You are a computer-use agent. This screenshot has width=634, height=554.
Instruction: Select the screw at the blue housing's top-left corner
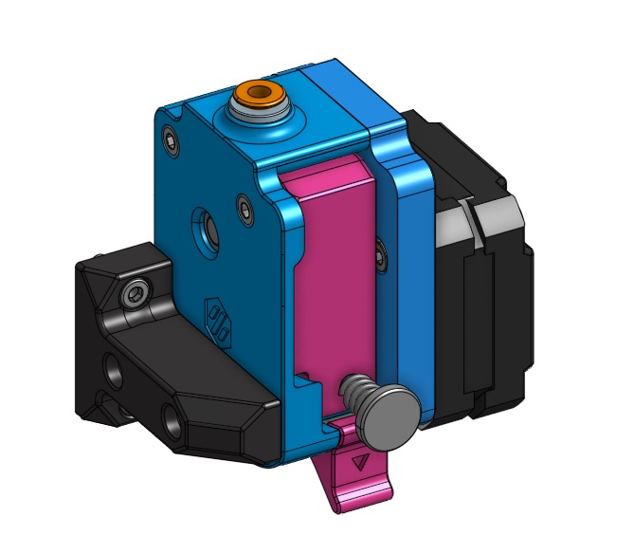tap(170, 143)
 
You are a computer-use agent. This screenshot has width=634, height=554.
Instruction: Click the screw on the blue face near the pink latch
tap(245, 207)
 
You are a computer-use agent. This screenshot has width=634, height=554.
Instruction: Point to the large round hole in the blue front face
tap(205, 227)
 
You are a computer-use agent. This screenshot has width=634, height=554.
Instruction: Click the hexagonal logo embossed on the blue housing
tap(219, 319)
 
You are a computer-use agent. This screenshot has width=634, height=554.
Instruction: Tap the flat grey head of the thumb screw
tap(389, 418)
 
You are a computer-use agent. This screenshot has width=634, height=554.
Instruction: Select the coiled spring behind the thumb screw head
tap(355, 390)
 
